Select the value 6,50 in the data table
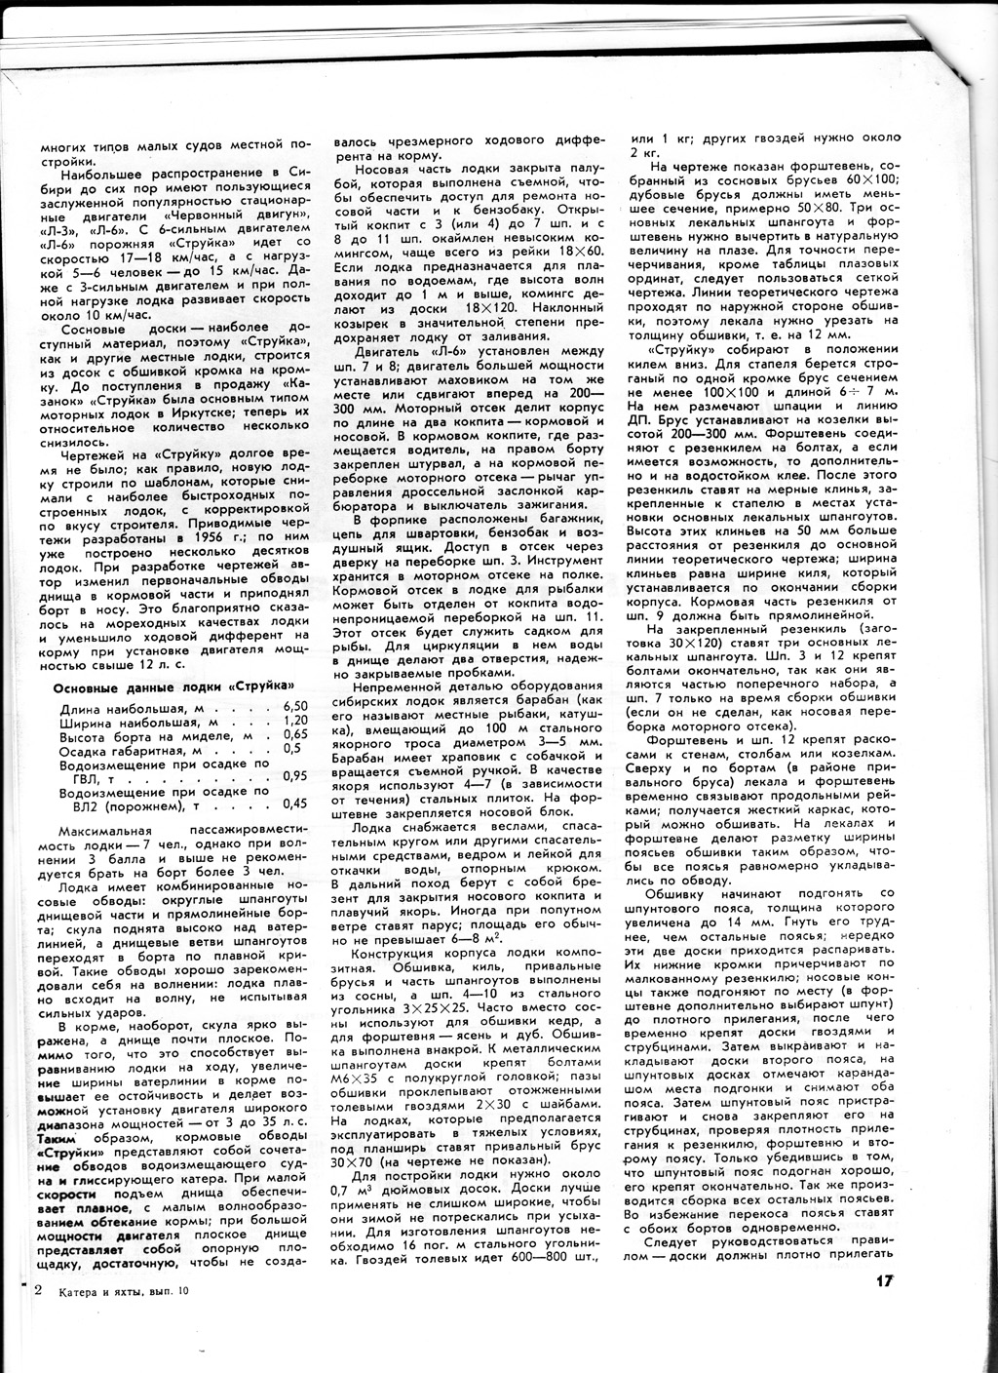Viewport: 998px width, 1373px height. [294, 706]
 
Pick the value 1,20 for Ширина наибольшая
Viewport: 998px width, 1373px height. [294, 721]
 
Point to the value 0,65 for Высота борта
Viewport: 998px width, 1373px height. [294, 735]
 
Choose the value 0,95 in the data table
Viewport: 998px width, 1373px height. [294, 776]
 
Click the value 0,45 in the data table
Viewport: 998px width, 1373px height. [294, 804]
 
